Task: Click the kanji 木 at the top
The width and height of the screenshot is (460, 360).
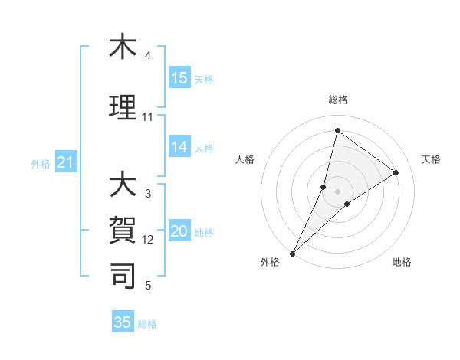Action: [123, 47]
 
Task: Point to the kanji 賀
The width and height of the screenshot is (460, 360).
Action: [123, 229]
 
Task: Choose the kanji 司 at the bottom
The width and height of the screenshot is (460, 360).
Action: [123, 273]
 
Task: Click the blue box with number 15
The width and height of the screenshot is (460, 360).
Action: [179, 78]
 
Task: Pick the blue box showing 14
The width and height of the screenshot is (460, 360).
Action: [179, 147]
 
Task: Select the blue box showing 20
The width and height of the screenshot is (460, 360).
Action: [179, 232]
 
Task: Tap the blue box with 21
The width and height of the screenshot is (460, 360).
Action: [65, 162]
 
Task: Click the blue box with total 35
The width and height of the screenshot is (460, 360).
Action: [123, 322]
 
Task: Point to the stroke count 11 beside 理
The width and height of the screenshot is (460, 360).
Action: [147, 117]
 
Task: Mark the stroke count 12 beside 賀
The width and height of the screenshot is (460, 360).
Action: [148, 240]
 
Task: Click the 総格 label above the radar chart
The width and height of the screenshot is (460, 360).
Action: [337, 100]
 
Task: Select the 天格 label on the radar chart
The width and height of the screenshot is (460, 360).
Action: [431, 159]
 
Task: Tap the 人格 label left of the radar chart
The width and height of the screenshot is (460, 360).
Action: [245, 159]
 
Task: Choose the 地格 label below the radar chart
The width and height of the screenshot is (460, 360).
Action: [402, 262]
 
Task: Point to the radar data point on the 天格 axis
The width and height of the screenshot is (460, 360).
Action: [396, 172]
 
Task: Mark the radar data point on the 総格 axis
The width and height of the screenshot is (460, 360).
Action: [337, 130]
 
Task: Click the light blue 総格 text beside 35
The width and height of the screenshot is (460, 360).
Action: [148, 324]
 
